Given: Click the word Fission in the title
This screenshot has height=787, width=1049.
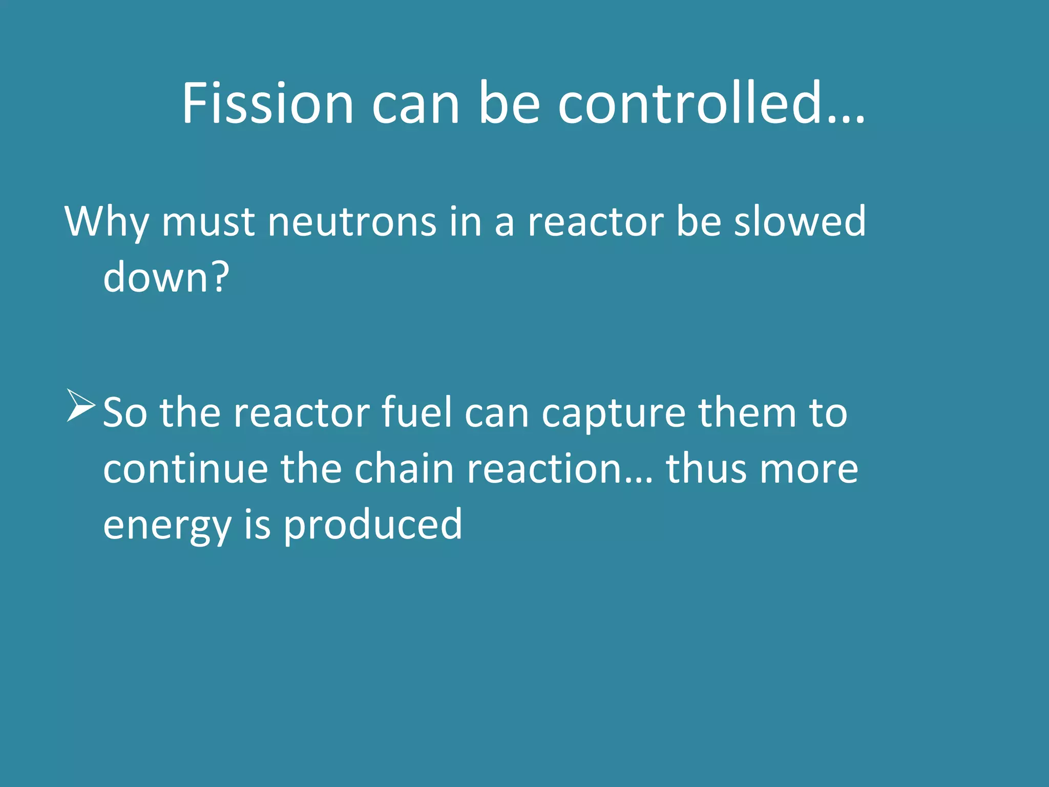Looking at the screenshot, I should pos(268,103).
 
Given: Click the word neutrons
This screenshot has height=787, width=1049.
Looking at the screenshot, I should pos(351,222).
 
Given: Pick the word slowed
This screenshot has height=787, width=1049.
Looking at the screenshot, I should pos(800,221).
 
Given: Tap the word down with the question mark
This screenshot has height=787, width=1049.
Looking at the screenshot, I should pos(166,277).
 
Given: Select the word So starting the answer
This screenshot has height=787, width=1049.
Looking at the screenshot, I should pos(125,413).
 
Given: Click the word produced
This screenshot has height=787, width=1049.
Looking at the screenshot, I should pos(373,525).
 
